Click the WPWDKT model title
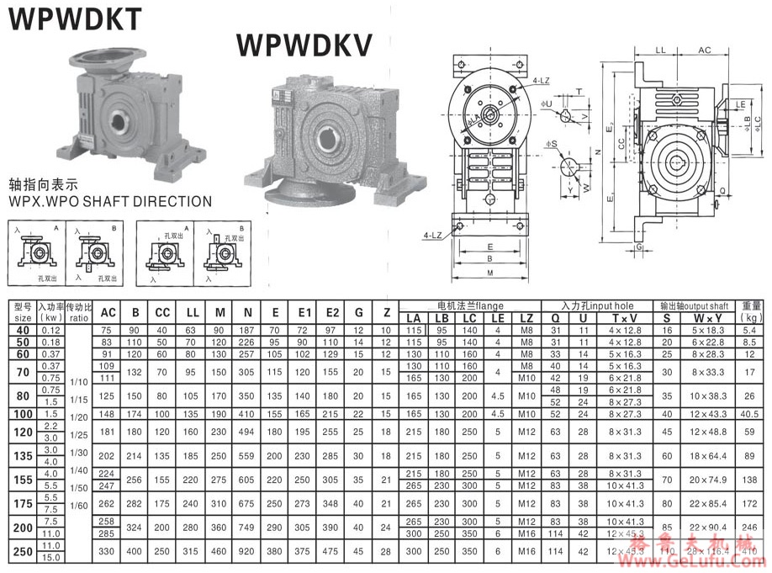click(74, 19)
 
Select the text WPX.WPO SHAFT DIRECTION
click(109, 202)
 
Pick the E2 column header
click(330, 313)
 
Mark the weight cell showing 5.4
click(751, 331)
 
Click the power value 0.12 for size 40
click(50, 331)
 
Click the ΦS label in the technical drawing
click(552, 144)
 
